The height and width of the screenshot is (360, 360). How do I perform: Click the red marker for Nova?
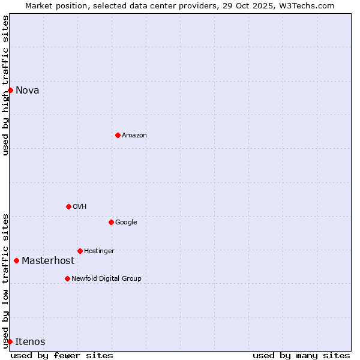10,90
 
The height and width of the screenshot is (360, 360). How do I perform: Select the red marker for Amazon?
118,135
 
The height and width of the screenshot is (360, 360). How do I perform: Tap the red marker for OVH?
68,206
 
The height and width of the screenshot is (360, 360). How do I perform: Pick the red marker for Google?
111,222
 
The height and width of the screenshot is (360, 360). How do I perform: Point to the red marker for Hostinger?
80,251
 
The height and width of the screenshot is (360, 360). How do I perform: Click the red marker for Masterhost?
16,260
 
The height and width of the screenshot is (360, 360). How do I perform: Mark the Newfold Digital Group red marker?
67,278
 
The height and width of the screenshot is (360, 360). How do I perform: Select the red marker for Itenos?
10,341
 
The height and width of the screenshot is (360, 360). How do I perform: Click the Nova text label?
28,91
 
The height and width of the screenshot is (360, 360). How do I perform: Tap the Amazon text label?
134,136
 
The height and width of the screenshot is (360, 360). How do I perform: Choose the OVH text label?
80,207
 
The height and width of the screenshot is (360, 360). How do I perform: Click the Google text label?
126,223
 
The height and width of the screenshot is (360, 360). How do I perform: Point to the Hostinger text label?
99,251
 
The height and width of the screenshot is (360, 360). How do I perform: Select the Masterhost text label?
48,261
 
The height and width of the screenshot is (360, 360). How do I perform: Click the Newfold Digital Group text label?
106,279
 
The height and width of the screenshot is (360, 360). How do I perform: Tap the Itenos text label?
30,342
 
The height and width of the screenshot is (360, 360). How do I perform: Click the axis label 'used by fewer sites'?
62,355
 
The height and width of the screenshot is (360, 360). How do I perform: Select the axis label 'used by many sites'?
301,355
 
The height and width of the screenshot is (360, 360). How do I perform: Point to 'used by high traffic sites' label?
5,85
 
